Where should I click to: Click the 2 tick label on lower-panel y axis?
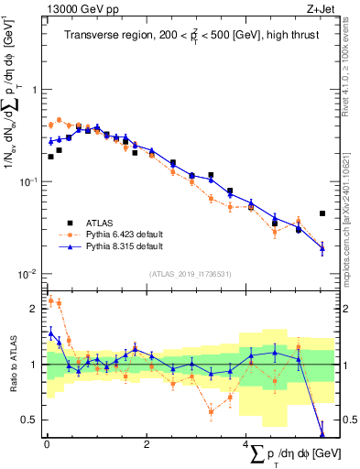(x=34, y=309)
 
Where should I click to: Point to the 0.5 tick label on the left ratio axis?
(x=30, y=420)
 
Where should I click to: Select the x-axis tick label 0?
(x=46, y=444)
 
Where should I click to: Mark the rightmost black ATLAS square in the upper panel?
(x=322, y=213)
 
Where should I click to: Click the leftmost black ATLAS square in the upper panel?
(x=50, y=157)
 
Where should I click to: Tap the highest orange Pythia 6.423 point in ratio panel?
(x=50, y=300)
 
